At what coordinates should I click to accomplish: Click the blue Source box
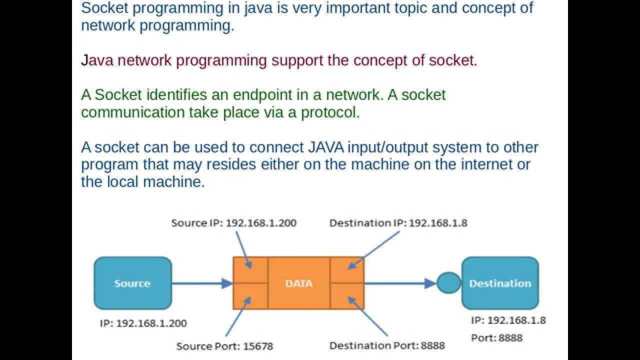132,283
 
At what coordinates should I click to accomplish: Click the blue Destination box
499,283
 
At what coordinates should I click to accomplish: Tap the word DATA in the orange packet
298,283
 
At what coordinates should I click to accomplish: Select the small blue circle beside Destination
448,283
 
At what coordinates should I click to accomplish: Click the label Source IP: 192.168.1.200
233,223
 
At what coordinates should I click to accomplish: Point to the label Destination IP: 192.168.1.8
398,223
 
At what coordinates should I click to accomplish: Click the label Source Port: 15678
224,346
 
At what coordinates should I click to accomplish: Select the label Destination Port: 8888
387,345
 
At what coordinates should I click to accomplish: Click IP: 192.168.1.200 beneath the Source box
143,323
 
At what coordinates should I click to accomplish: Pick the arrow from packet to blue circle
400,283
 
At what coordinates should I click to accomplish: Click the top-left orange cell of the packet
250,270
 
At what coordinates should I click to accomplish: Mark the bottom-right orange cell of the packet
347,296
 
